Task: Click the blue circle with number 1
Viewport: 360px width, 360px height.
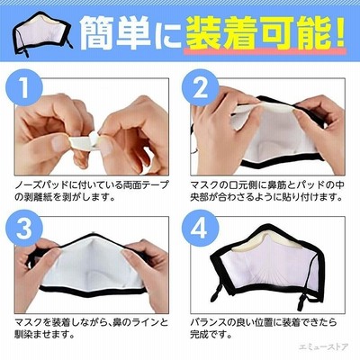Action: coord(24,87)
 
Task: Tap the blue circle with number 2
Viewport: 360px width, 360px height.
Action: coord(200,87)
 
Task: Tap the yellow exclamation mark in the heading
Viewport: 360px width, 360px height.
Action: coord(337,33)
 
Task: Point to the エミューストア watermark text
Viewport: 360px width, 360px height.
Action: coord(323,346)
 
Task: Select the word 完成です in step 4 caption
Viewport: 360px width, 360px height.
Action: coord(211,334)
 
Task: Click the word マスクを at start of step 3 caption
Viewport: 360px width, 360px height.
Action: coord(33,323)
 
